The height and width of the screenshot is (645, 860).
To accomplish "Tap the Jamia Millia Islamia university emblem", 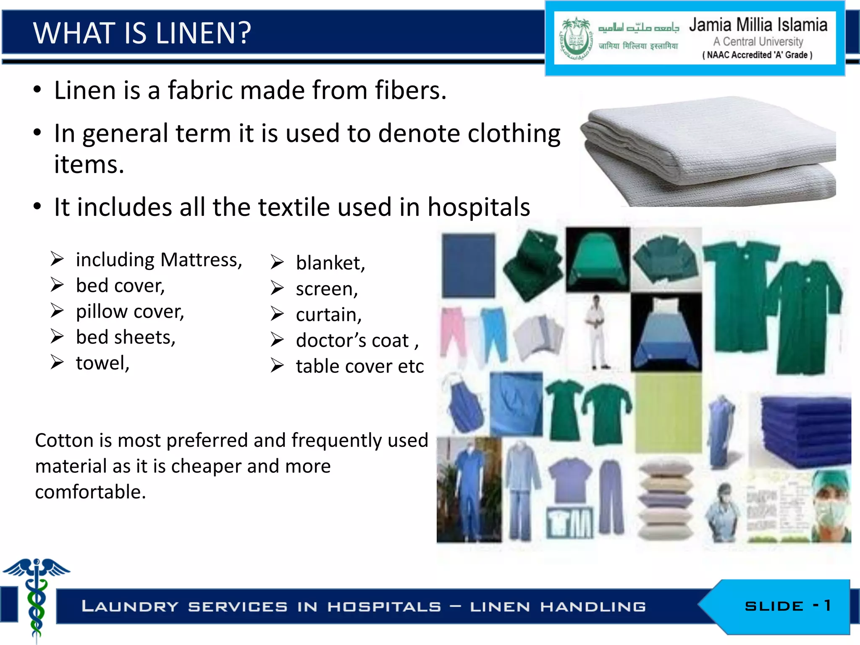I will point(575,39).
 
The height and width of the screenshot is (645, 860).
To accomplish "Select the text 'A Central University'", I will point(758,42).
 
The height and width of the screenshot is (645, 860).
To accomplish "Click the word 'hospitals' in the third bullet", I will point(479,207).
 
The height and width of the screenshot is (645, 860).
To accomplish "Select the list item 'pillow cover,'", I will point(130,312).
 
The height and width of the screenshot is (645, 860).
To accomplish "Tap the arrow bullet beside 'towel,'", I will point(57,362).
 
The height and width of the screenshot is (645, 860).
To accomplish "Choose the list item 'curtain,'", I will point(328,315).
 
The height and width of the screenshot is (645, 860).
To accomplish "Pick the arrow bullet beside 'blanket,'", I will point(277,262).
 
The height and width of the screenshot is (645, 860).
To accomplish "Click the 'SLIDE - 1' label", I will point(787,606).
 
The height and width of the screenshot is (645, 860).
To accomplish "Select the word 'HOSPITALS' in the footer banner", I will point(384,607).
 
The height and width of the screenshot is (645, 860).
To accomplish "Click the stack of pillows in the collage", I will point(666,500).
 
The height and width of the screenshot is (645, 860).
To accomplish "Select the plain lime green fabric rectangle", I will point(668,414).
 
